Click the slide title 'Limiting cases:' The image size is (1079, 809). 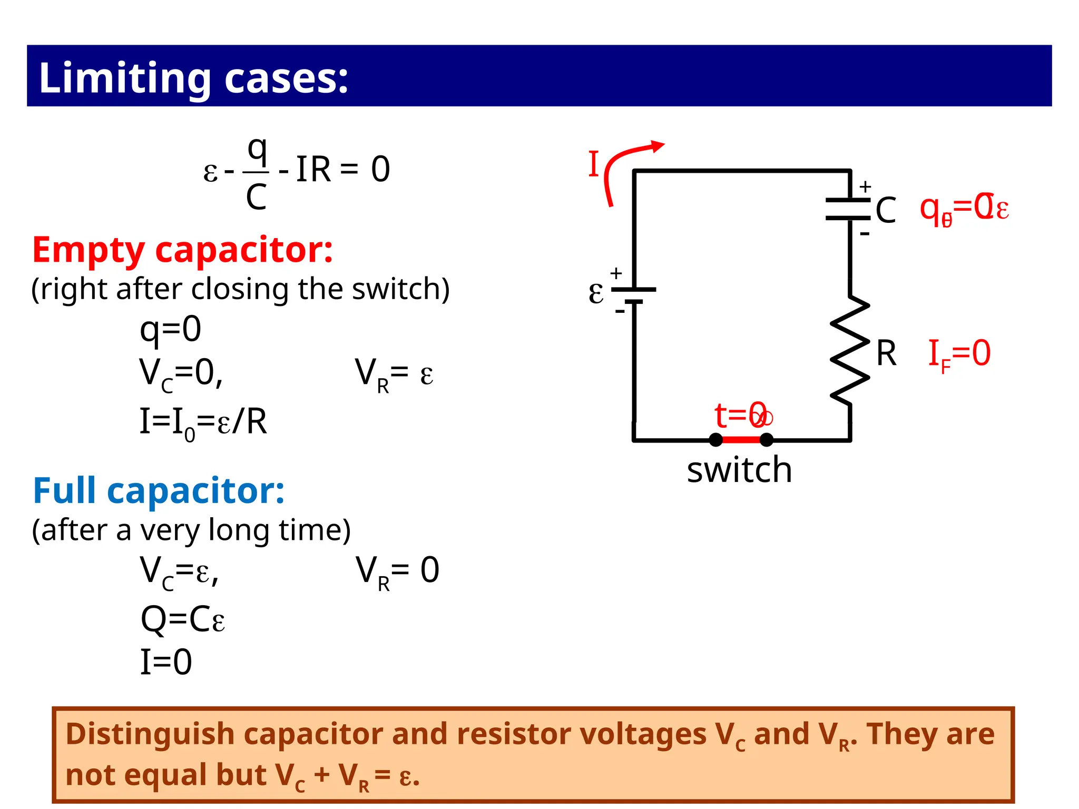click(193, 77)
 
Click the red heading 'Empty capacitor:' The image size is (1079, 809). click(182, 250)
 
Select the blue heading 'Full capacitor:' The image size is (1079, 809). click(159, 490)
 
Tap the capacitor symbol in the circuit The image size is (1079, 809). click(848, 209)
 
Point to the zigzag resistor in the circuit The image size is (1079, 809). click(849, 350)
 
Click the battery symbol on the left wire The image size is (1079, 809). click(634, 295)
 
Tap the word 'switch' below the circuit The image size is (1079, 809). click(739, 470)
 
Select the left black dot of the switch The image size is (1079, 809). click(715, 439)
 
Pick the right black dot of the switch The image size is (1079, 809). click(767, 439)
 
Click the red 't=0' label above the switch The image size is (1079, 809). click(742, 415)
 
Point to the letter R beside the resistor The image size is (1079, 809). click(886, 353)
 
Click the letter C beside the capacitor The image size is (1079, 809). click(886, 210)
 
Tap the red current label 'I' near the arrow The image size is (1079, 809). click(594, 164)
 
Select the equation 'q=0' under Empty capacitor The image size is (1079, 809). click(170, 330)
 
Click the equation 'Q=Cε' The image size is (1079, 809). click(183, 619)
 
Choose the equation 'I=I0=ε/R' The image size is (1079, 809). click(203, 422)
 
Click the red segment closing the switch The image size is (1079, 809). click(741, 439)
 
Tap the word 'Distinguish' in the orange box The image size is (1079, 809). click(150, 734)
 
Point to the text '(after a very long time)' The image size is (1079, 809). click(191, 530)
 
